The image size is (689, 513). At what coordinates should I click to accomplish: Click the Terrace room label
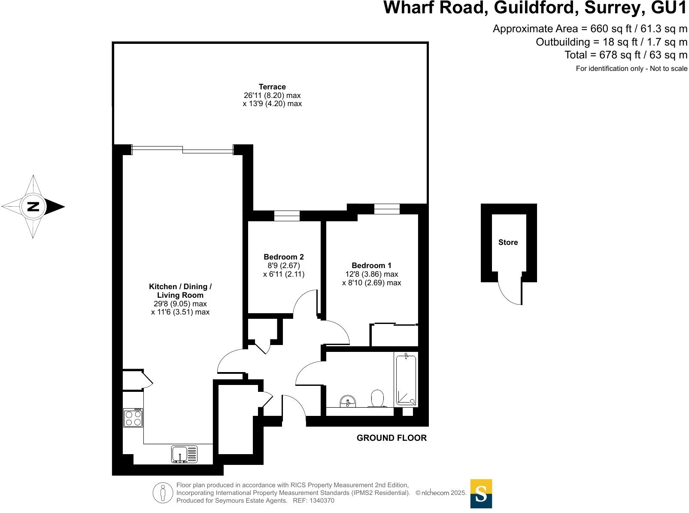[272, 87]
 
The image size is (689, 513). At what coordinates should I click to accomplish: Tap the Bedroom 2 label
[284, 257]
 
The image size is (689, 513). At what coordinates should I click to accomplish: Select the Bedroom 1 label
[371, 266]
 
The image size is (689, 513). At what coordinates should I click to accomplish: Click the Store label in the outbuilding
[508, 242]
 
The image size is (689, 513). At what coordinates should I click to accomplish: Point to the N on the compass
[33, 207]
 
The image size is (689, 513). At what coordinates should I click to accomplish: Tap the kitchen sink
[184, 454]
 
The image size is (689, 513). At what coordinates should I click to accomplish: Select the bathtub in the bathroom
[406, 380]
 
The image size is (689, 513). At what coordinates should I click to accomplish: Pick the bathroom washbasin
[348, 402]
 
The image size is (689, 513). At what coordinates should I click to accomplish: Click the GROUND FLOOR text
[392, 438]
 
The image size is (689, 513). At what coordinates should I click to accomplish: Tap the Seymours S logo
[481, 494]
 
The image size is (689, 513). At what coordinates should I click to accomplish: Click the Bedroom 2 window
[287, 215]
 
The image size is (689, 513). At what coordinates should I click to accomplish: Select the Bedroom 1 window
[387, 209]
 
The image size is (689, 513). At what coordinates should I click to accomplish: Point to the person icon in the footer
[163, 493]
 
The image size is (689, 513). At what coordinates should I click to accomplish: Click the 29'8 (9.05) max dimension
[180, 304]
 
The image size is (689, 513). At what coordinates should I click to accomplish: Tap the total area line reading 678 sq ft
[625, 55]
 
